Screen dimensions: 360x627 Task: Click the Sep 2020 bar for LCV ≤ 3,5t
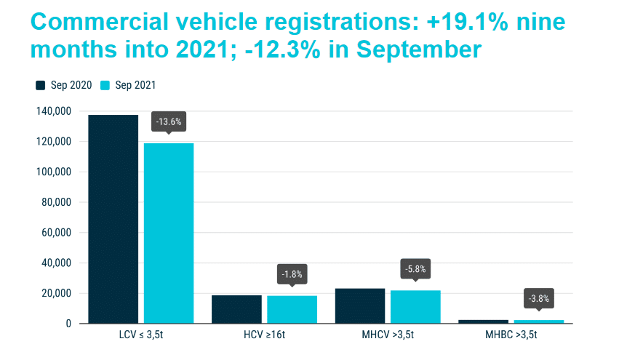tap(113, 218)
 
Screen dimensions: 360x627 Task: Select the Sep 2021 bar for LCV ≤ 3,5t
tap(169, 233)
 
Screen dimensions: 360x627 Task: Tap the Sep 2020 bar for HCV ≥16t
tap(236, 309)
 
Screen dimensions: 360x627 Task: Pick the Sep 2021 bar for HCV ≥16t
tap(292, 309)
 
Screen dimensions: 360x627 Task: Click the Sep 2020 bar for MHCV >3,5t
tap(360, 306)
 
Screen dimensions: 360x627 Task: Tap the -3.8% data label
tap(539, 297)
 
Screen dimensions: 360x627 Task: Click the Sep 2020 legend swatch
tap(41, 85)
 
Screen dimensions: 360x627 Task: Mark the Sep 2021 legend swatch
tap(104, 85)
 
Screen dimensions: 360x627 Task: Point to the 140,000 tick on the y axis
tap(54, 111)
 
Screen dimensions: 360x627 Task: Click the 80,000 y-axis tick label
tap(56, 202)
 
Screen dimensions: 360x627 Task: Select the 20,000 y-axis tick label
tap(56, 293)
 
